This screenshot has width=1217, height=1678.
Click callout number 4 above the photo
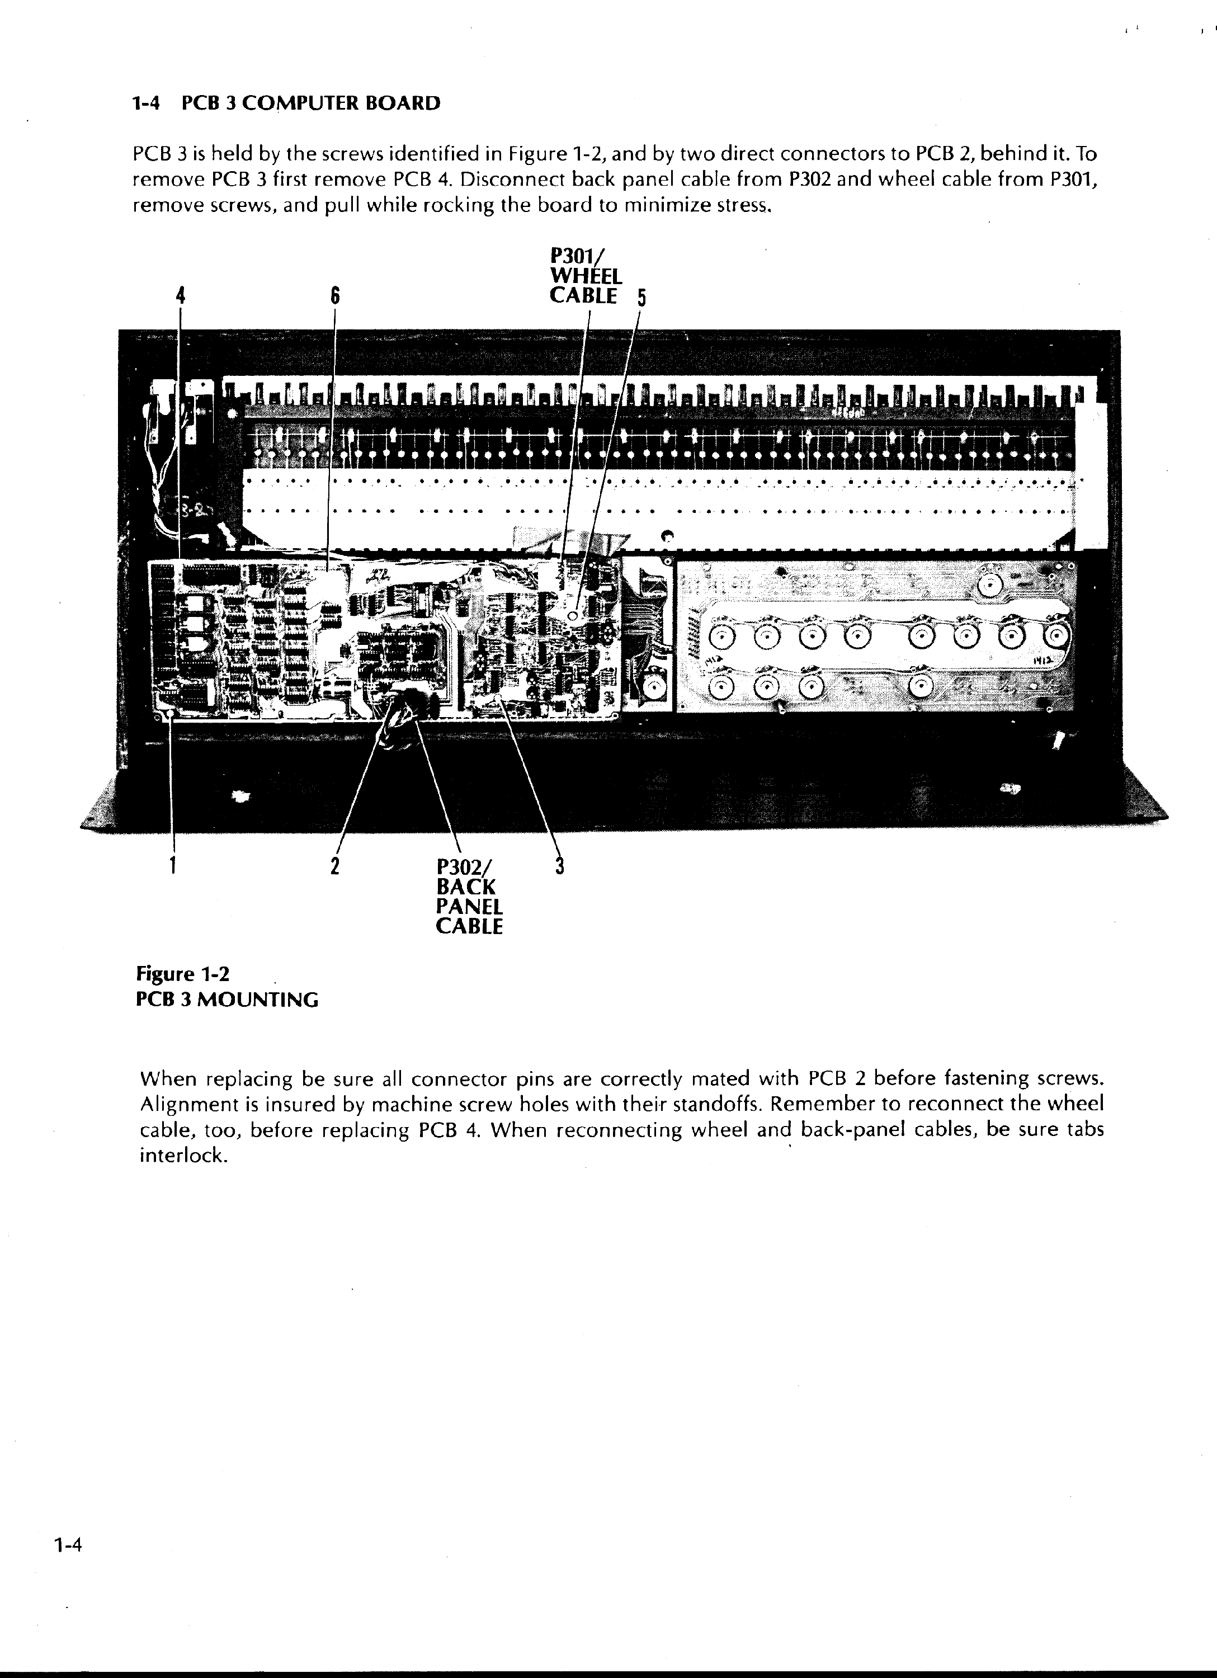coord(180,296)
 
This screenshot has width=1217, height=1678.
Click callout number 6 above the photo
coord(334,296)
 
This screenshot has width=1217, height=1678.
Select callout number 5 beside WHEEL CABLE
coord(641,298)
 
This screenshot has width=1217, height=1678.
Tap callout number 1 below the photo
coord(173,864)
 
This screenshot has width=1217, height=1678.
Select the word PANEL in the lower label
coord(470,906)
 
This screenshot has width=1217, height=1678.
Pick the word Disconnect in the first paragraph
coord(511,180)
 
